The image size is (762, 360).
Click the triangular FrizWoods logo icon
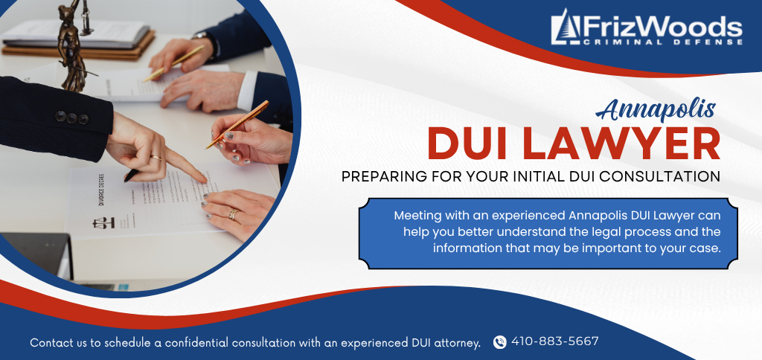coord(566,28)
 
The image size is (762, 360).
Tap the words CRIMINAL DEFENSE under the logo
coord(662,42)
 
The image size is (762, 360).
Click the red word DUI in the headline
coord(473,145)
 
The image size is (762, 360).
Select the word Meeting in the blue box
coord(417,216)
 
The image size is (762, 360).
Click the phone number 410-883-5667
coord(554,341)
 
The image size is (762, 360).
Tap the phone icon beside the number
coord(499,342)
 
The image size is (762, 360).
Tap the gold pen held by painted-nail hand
coord(237,124)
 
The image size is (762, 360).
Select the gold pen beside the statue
coord(174,63)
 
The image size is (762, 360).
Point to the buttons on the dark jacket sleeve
coord(71,118)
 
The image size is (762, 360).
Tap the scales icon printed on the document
coord(103,222)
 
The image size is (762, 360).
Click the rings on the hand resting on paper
coord(234,214)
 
